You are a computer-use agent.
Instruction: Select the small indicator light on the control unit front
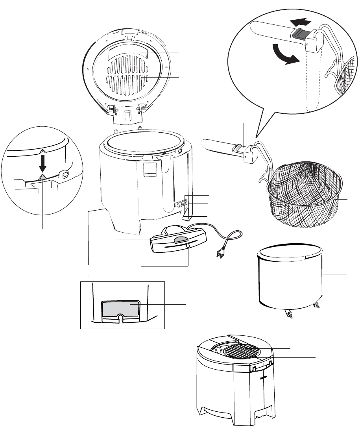[x=188, y=246]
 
